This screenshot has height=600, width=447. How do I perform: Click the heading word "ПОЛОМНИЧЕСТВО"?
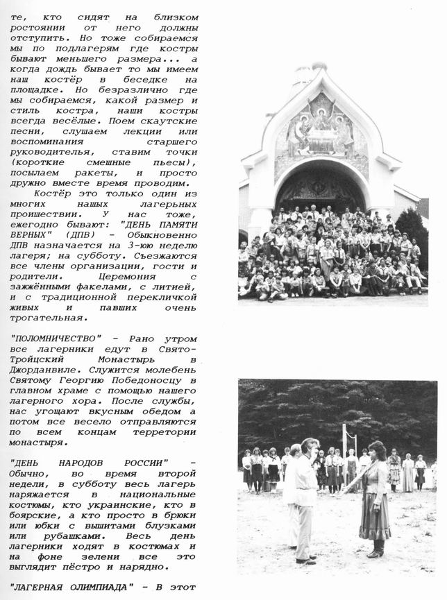pyautogui.click(x=56, y=339)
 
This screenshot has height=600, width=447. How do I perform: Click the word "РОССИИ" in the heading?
pyautogui.click(x=146, y=463)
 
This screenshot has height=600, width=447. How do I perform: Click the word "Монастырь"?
pyautogui.click(x=124, y=360)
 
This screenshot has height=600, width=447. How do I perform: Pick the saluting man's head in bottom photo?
pyautogui.click(x=310, y=447)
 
